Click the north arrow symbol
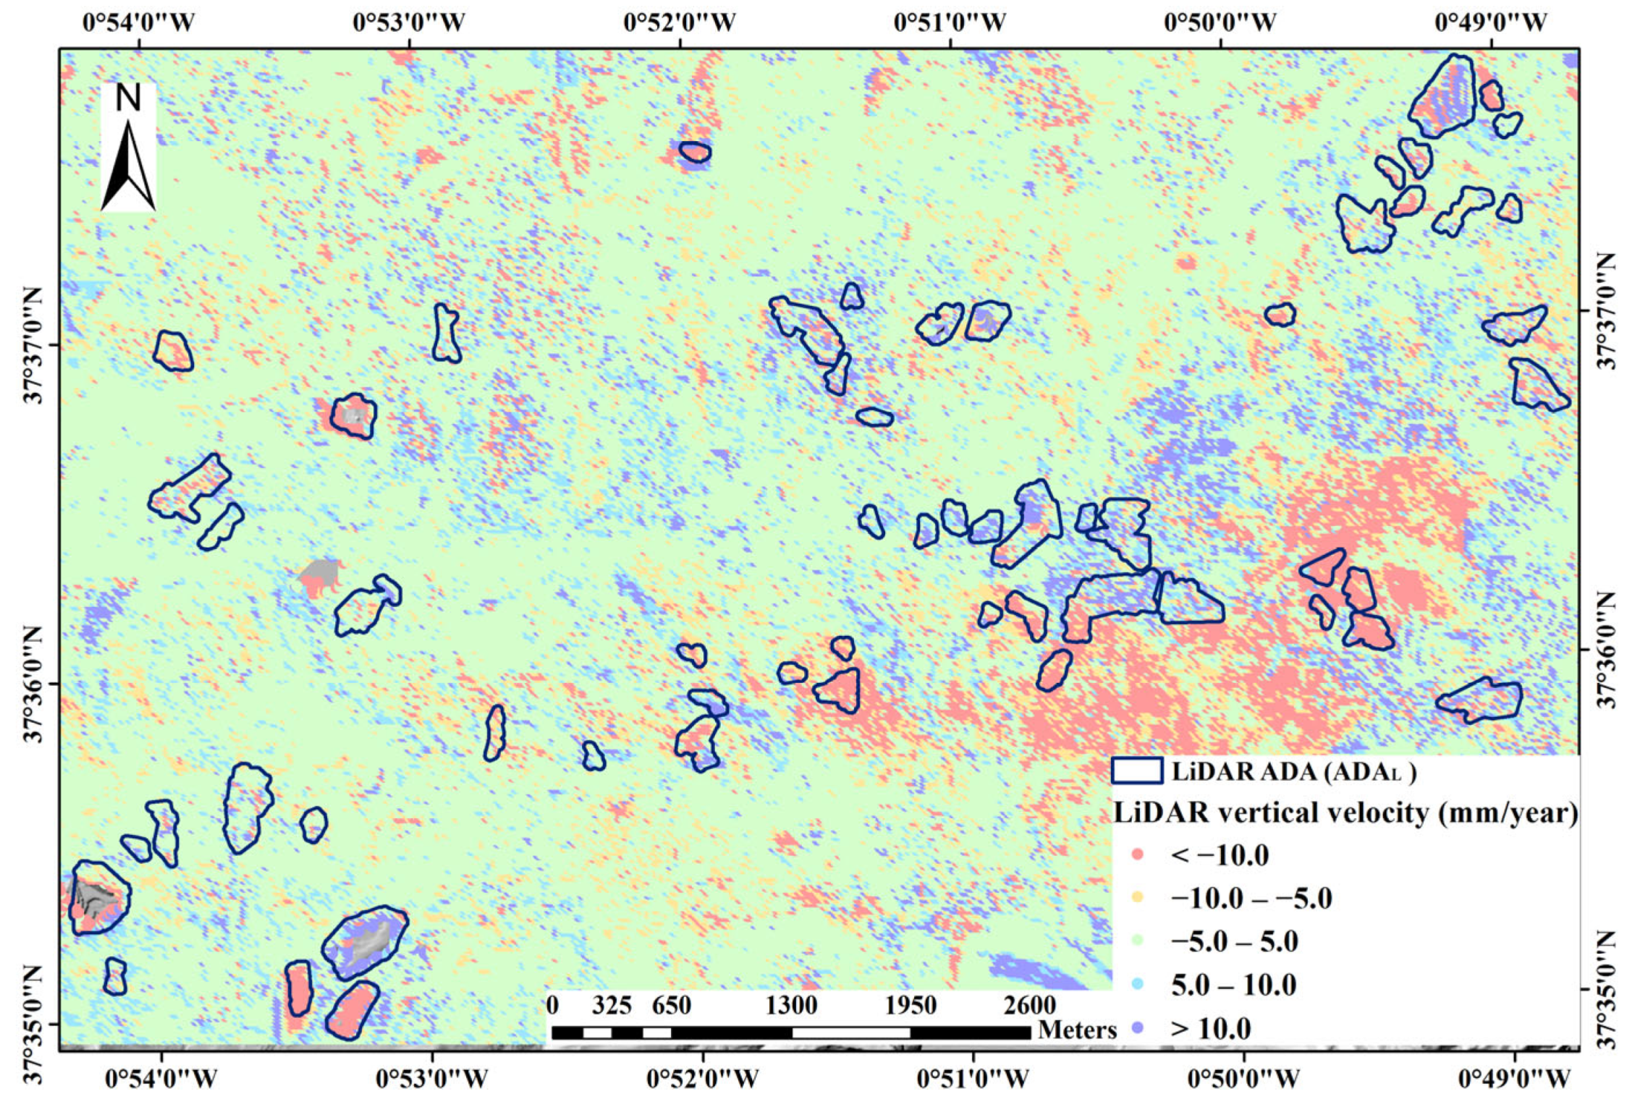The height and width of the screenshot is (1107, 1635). point(128,166)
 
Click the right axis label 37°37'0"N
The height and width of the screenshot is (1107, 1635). point(1602,311)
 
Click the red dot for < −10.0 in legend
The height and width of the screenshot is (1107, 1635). point(1137,855)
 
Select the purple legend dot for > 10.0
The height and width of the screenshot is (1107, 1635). point(1137,1027)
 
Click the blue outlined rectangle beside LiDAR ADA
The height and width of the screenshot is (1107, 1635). point(1137,771)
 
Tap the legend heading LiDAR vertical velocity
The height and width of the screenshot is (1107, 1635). point(1345,813)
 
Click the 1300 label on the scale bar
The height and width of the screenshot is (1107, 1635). point(792,1006)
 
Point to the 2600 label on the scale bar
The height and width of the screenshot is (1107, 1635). point(1030,1006)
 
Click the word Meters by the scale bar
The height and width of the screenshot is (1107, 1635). point(1077,1030)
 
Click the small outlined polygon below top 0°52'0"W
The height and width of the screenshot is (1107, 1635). point(695,152)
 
